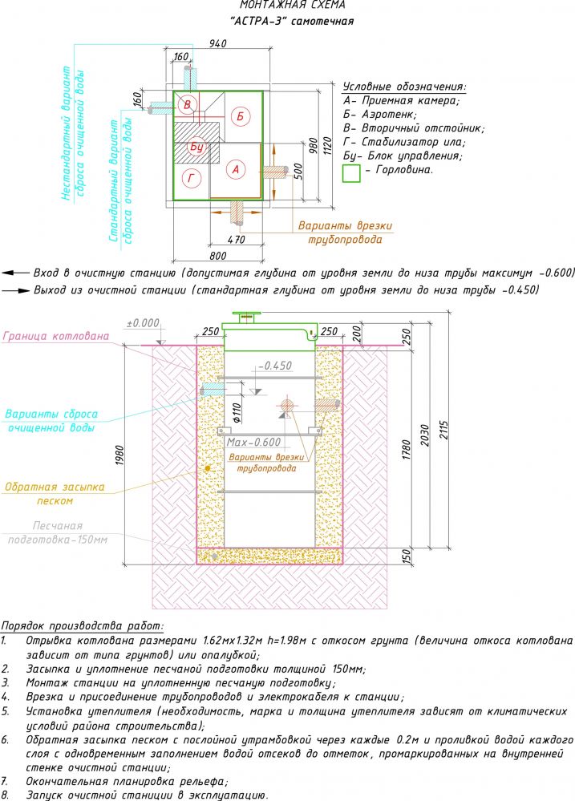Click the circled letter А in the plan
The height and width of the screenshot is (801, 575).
(235, 169)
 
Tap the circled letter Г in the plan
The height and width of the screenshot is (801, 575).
(189, 178)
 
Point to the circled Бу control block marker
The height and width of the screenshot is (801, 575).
(197, 147)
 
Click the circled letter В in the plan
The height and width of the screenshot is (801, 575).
(188, 105)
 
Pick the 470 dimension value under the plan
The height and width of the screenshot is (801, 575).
(236, 239)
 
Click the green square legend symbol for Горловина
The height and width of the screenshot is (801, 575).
(351, 172)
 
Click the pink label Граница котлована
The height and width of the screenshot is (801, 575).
(57, 337)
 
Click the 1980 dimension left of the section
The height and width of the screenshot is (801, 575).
(120, 454)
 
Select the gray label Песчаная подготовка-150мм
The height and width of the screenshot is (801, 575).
(57, 532)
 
